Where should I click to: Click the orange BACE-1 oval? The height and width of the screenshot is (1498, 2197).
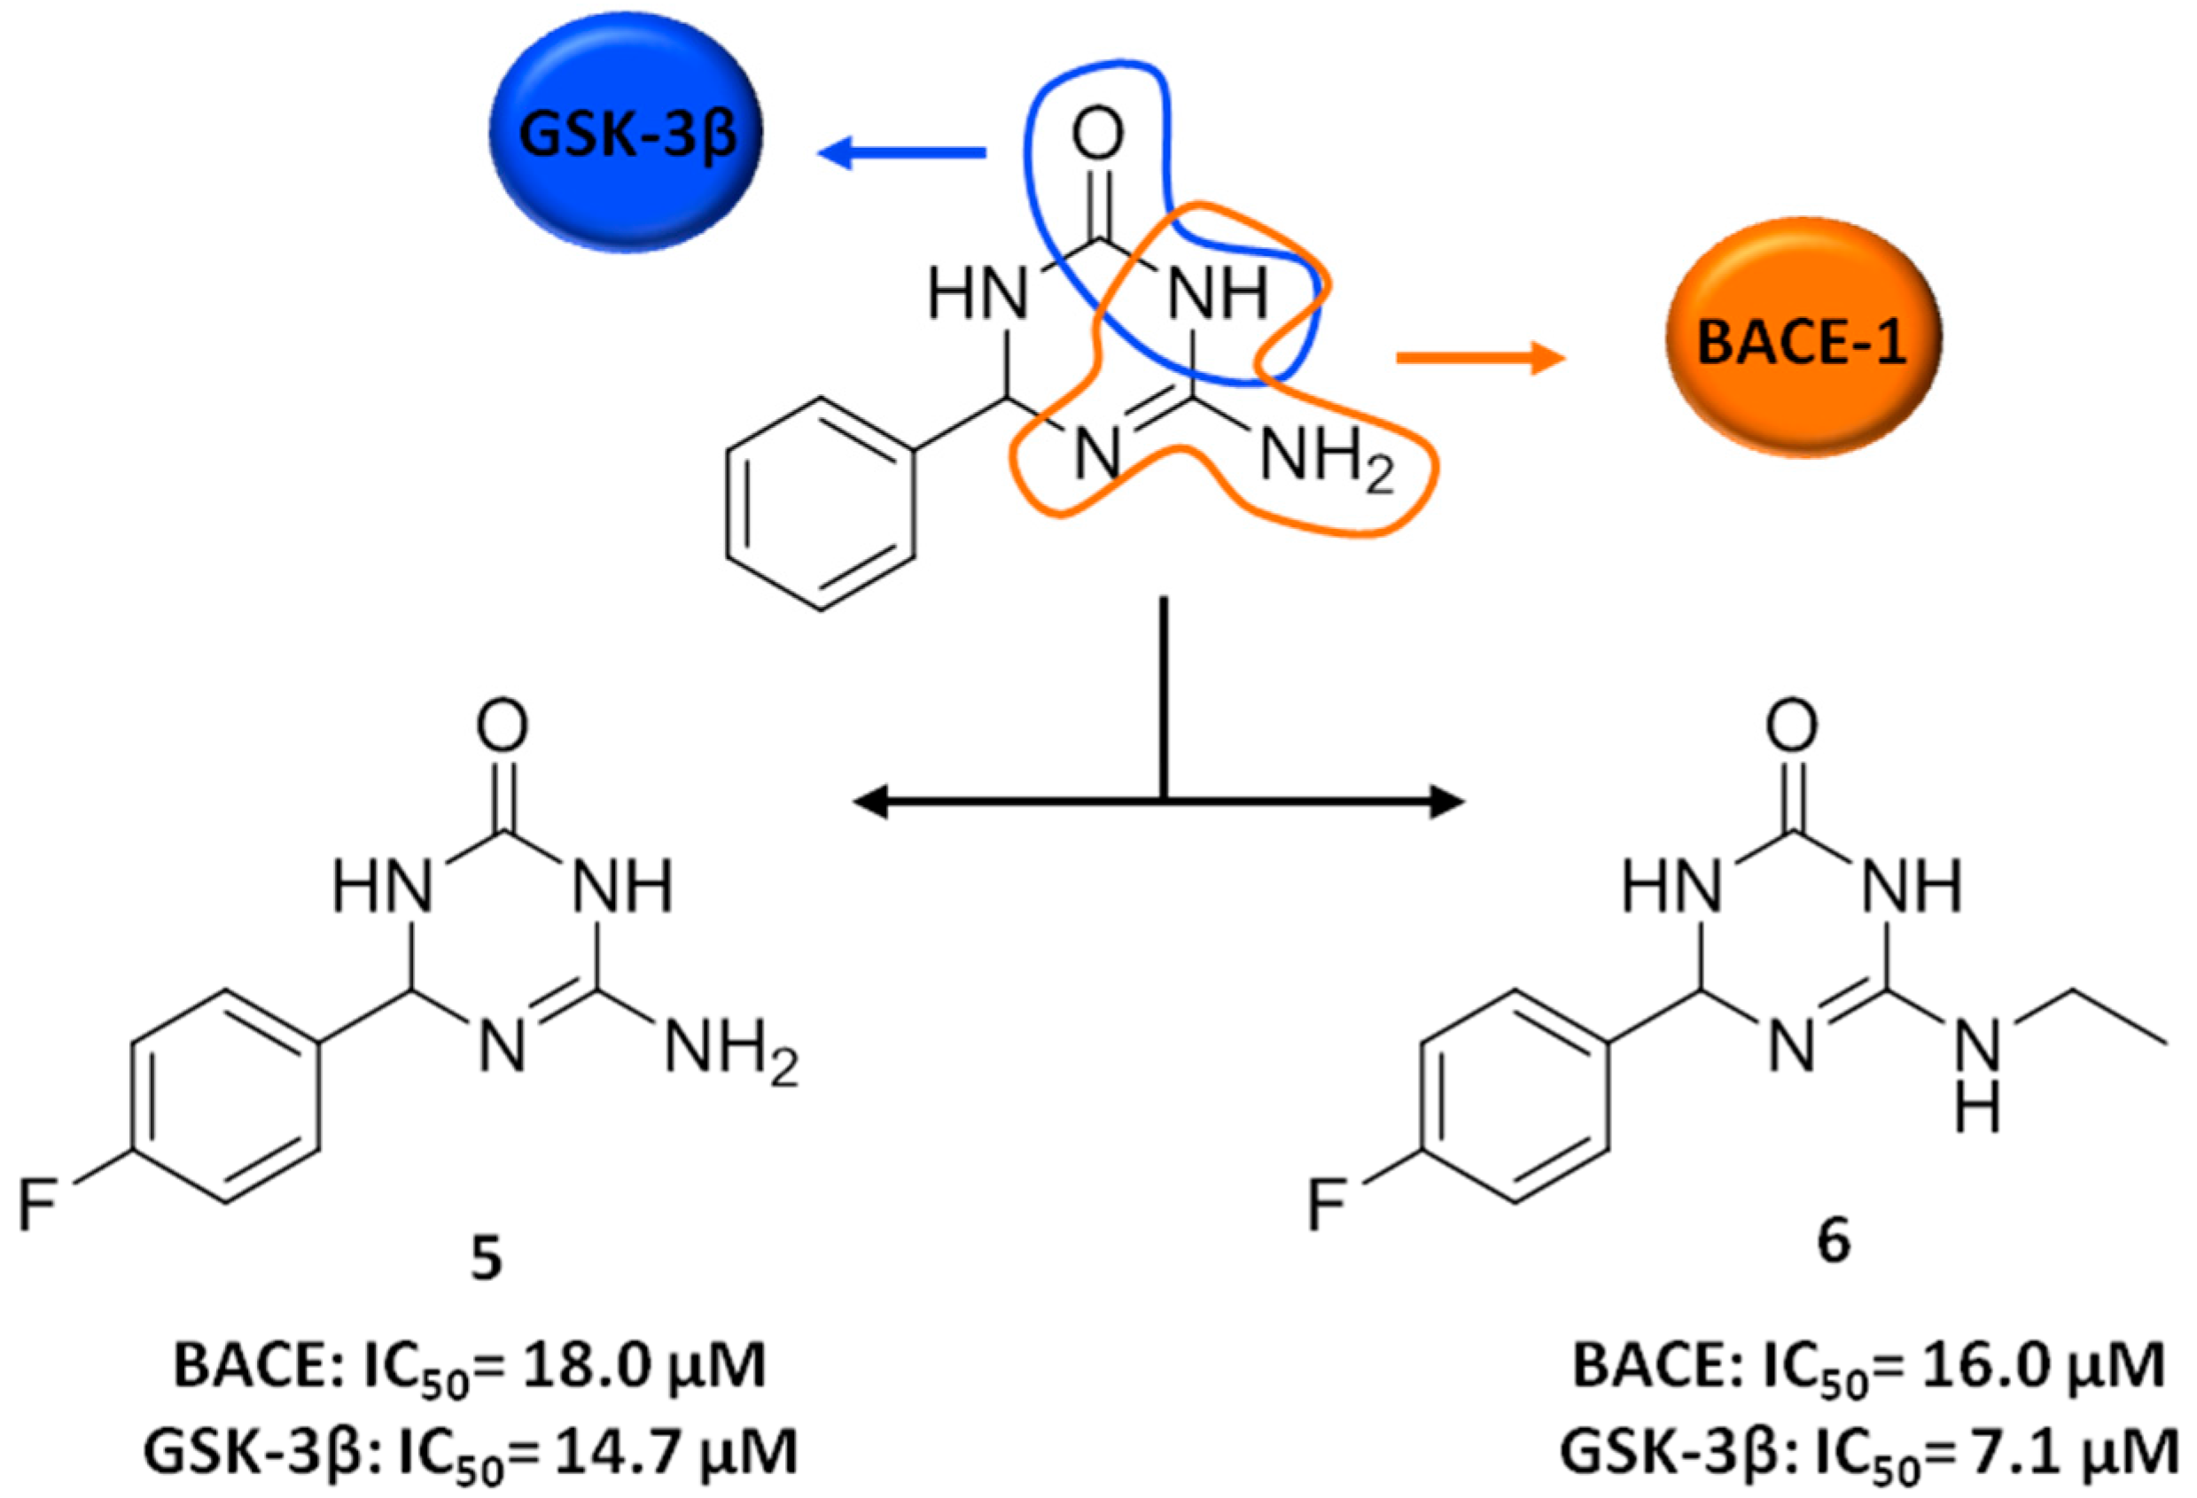1802,338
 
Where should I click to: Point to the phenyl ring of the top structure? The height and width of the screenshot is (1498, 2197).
821,503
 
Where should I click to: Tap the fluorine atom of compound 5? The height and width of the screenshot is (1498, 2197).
38,1207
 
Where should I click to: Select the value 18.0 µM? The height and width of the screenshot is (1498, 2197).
632,1367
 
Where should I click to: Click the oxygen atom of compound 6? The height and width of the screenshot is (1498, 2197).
1791,726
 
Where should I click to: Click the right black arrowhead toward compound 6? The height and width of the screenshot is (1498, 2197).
1446,803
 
